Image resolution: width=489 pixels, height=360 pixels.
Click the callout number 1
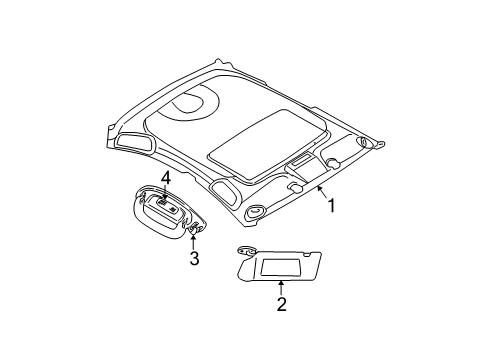coord(330,208)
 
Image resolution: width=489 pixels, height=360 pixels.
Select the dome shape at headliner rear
coord(187,103)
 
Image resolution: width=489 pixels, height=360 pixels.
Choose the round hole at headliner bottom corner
coord(254,211)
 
